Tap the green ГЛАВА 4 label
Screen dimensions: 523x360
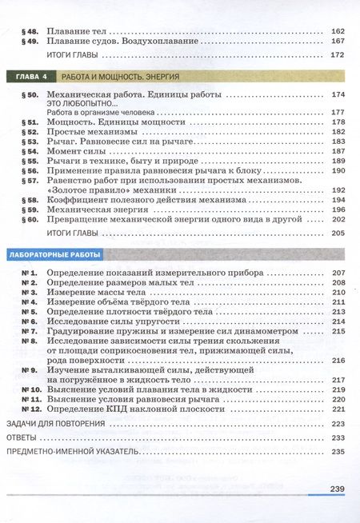click(29, 77)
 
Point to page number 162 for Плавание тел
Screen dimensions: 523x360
click(336, 30)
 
